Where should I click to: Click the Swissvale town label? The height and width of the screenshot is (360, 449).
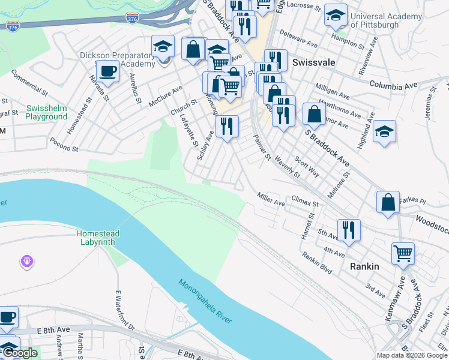pos(313,62)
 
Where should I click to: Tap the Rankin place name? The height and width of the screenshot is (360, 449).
pos(362,266)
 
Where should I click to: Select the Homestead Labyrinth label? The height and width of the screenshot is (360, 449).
pos(98,238)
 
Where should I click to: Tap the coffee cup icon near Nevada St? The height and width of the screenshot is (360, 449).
pos(107,71)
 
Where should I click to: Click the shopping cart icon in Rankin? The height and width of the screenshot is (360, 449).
pos(403,253)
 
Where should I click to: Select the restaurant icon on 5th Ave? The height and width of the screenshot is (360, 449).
pos(348,229)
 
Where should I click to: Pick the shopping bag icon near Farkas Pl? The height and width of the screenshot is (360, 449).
pos(388,202)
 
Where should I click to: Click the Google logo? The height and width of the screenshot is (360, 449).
pos(20,353)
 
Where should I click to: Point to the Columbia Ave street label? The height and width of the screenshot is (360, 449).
pos(393,85)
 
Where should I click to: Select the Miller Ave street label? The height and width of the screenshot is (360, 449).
pos(271,199)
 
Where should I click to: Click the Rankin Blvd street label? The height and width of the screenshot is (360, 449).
pos(317,262)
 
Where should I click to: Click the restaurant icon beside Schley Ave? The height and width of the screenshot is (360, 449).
pos(227,126)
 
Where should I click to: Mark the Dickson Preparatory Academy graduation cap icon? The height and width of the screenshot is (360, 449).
pos(162,46)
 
